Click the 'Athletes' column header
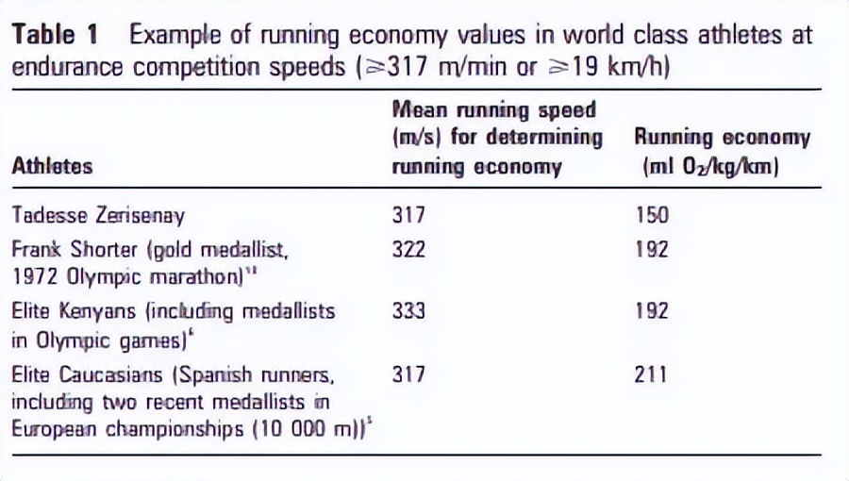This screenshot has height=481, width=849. pos(52,166)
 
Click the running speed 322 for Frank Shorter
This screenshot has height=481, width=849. pos(409,249)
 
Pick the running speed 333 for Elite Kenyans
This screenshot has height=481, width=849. pos(409,312)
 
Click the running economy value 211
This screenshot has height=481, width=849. pos(651,374)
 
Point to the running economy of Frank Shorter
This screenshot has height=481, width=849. pos(653,249)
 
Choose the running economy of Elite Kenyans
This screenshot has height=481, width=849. pos(653,312)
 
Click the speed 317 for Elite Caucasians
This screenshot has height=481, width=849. pos(409,374)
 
